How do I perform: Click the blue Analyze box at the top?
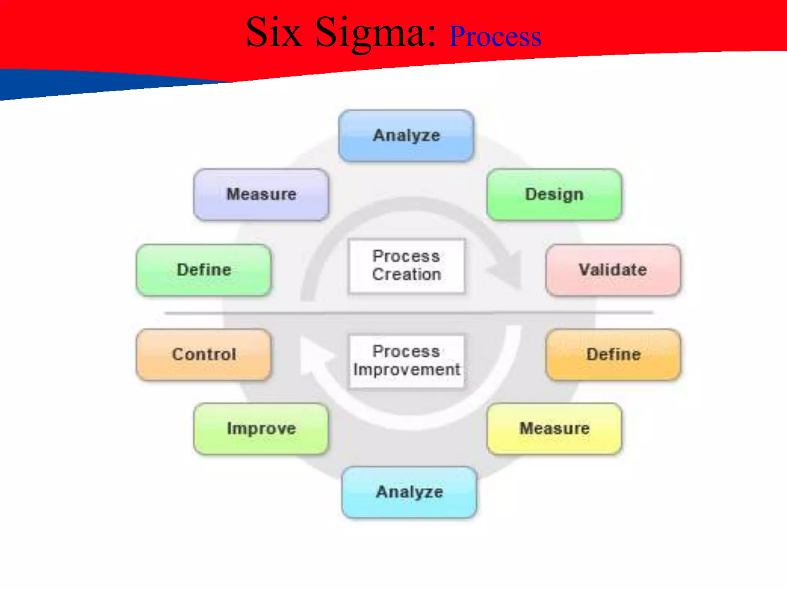coord(406,136)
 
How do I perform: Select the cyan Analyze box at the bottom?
coord(409,492)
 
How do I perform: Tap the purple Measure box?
coord(261,194)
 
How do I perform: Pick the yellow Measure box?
coord(554,429)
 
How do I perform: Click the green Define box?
coord(204,270)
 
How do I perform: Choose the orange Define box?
coord(613,355)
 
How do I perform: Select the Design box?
coord(554,194)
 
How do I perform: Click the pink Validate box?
coord(613,270)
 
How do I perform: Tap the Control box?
coord(204,355)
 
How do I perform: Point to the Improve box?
coord(261,429)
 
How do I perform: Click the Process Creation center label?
coord(406,265)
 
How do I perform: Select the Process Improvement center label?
coord(406,361)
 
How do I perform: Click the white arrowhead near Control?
coord(313,355)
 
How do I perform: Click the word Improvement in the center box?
coord(406,370)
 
